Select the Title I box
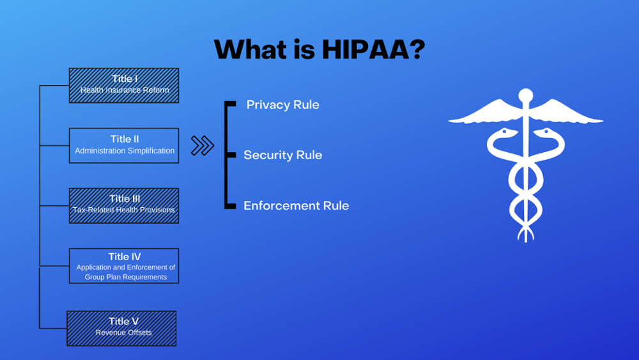[x=124, y=85]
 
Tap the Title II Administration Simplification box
[x=124, y=145]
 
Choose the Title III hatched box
[x=124, y=205]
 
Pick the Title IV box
[x=124, y=265]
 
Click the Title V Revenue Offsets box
[x=121, y=328]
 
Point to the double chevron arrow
[x=203, y=146]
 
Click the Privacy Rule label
[x=282, y=105]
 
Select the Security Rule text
[x=282, y=155]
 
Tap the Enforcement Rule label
[x=296, y=205]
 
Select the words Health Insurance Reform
[x=125, y=90]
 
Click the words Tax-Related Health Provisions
[x=124, y=210]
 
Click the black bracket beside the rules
[x=227, y=155]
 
